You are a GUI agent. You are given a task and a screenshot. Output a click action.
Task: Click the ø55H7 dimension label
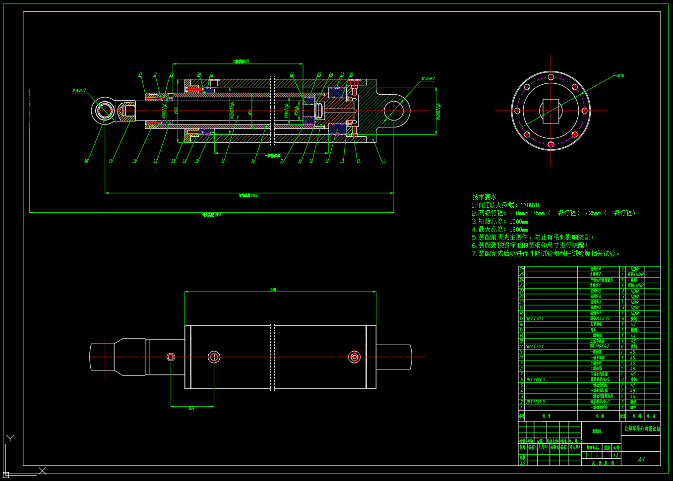tap(428, 79)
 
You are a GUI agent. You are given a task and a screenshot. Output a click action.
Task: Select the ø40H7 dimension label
tap(79, 91)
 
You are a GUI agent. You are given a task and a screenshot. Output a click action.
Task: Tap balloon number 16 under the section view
tap(86, 161)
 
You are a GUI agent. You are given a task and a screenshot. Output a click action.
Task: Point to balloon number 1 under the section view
tap(383, 161)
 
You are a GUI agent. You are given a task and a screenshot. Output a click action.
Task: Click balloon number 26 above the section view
tap(351, 75)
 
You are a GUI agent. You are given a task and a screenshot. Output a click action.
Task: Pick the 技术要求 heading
tap(484, 197)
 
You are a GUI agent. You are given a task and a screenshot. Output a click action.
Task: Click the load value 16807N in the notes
tap(529, 205)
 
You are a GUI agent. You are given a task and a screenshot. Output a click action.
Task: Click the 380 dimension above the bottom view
tap(273, 290)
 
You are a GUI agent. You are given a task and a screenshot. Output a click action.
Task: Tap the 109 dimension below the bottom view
tap(191, 409)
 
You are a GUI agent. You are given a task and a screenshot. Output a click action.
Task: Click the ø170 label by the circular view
tap(620, 76)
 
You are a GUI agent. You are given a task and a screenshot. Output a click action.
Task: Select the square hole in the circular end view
tap(551, 110)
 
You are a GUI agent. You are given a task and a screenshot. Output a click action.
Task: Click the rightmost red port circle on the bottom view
tap(354, 357)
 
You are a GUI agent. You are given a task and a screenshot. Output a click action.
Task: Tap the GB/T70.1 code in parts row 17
tap(535, 319)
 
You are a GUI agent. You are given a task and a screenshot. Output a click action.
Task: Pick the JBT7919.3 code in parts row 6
tap(535, 380)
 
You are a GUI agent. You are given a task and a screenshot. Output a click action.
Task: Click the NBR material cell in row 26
tap(634, 269)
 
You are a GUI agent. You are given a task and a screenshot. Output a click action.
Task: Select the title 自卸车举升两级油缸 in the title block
tap(642, 428)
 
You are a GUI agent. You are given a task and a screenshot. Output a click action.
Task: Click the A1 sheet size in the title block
tap(641, 459)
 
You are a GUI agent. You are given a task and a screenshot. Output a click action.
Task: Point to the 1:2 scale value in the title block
tap(616, 455)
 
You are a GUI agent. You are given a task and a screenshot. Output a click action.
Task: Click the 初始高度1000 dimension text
tap(248, 195)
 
